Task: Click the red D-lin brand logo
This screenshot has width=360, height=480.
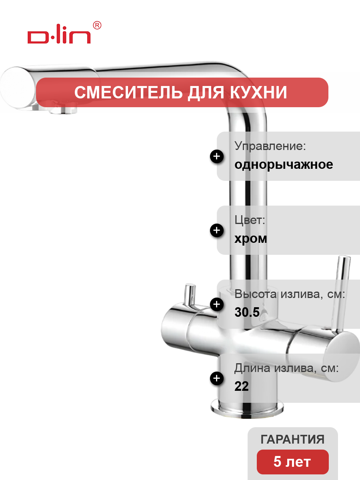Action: click(x=59, y=34)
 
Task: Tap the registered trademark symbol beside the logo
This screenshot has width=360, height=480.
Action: click(x=97, y=25)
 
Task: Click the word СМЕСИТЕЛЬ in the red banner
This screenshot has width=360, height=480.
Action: click(x=128, y=92)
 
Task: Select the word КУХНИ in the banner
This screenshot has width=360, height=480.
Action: click(x=258, y=92)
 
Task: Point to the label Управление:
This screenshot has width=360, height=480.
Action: click(x=270, y=146)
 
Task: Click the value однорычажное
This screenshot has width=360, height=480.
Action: click(x=284, y=164)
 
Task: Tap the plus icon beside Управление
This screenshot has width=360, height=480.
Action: click(x=217, y=156)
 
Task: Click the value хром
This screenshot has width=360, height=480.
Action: click(x=251, y=238)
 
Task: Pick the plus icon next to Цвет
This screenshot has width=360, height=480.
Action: click(x=217, y=230)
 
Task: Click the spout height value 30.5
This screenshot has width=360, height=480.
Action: click(x=247, y=312)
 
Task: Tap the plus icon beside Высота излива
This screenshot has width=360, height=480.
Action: click(x=217, y=304)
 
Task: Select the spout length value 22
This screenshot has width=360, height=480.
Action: click(x=242, y=386)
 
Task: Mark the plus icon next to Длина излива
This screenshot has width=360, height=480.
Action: click(x=217, y=378)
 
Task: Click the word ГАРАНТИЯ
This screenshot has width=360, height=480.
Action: click(x=292, y=440)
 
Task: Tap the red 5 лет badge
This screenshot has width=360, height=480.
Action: click(x=293, y=462)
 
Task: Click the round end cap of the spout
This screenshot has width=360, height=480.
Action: click(x=18, y=88)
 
